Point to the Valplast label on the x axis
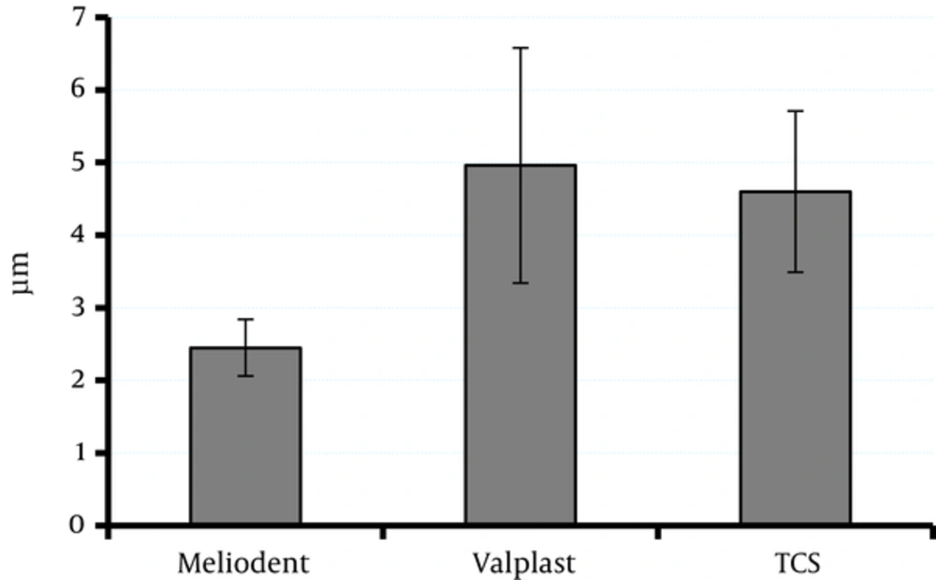[520, 564]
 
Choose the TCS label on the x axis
[796, 564]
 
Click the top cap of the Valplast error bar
[520, 48]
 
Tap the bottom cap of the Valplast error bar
[520, 283]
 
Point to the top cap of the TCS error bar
[796, 110]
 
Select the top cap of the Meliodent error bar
[245, 320]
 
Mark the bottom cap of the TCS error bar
[796, 271]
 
